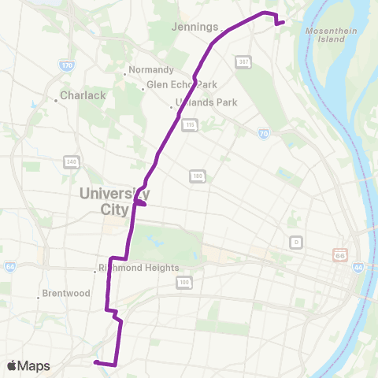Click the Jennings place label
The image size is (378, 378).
point(195,27)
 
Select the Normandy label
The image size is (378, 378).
point(150,70)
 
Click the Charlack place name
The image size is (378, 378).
point(80,100)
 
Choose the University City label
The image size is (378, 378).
point(115,200)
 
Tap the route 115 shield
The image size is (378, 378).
point(189,124)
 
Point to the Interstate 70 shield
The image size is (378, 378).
point(263,135)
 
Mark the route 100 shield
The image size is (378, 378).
point(184,281)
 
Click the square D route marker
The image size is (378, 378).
point(296,241)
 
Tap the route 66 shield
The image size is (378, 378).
point(340,255)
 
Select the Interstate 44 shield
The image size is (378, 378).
point(358,269)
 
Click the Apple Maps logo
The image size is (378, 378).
point(28,365)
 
